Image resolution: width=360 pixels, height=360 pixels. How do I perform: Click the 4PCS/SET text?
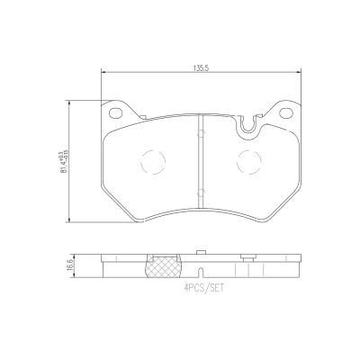click(200, 290)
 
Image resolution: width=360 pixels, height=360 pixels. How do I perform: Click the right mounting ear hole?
click(287, 113)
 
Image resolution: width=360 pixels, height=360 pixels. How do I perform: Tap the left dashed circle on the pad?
click(153, 163)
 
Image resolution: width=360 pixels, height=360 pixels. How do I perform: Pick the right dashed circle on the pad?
click(248, 163)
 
